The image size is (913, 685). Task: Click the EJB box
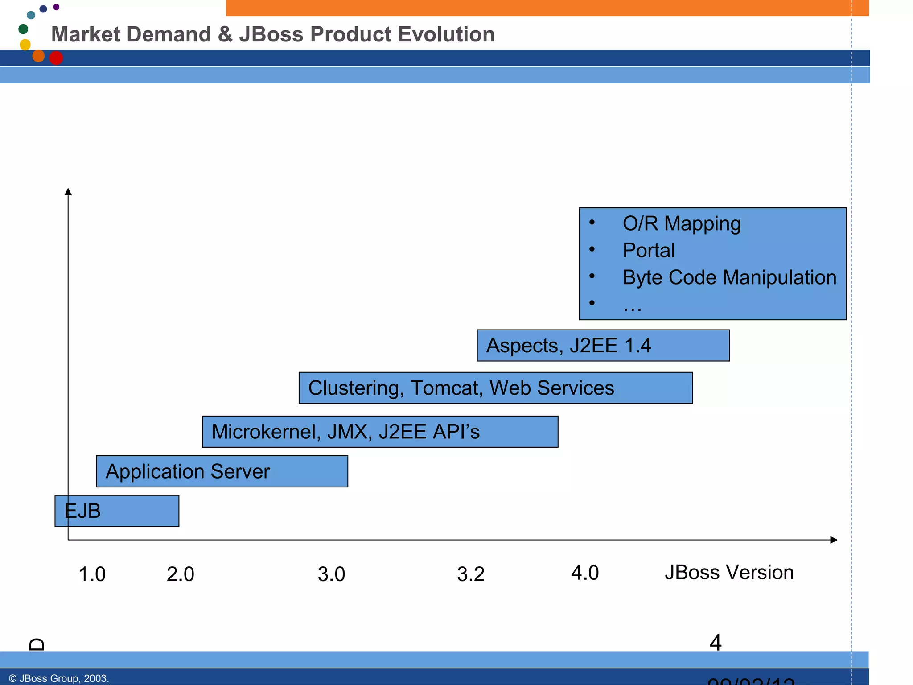tap(117, 511)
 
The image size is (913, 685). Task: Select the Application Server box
tap(222, 471)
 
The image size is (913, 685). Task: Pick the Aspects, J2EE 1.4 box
tap(603, 346)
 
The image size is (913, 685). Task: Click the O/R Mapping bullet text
tap(681, 223)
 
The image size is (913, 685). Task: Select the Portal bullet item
tap(648, 250)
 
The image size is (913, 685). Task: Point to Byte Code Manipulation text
tap(729, 277)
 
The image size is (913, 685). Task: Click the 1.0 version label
tap(92, 574)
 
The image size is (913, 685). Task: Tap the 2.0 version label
tap(180, 574)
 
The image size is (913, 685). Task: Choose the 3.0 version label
tap(331, 574)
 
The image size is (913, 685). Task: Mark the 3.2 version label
tap(470, 574)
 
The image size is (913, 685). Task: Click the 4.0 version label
tap(584, 573)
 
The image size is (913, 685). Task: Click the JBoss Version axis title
tap(729, 572)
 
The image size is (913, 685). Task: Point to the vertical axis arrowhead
tap(68, 192)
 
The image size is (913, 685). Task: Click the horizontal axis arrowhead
tap(834, 540)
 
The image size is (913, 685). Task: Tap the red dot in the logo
tap(56, 58)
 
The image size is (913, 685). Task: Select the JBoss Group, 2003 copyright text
tap(58, 678)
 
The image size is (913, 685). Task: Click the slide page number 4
tap(715, 643)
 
